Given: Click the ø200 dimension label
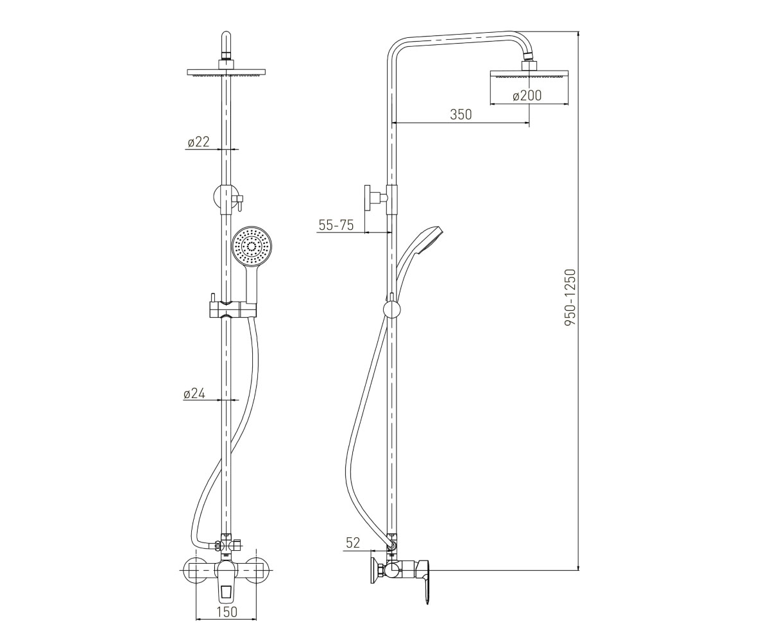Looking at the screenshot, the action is point(527,96).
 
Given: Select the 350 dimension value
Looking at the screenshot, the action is point(461,115).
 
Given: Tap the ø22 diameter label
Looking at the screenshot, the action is point(198,142).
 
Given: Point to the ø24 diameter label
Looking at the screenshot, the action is point(194,394).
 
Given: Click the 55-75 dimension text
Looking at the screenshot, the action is point(336,225).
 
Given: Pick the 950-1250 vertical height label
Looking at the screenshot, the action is point(570,297).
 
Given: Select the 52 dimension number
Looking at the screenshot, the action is point(353,542).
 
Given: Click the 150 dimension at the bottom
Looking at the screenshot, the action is point(227,612).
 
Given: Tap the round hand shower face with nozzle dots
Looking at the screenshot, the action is point(252,247).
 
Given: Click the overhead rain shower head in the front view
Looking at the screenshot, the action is point(226,73).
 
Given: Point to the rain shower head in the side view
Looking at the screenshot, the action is point(529,74).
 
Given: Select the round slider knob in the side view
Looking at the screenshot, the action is point(391,309).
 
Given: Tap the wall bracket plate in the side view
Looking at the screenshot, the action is point(367,198).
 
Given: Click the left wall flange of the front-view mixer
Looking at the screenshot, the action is point(195,571).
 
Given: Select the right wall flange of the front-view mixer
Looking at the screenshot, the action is point(256,571).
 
